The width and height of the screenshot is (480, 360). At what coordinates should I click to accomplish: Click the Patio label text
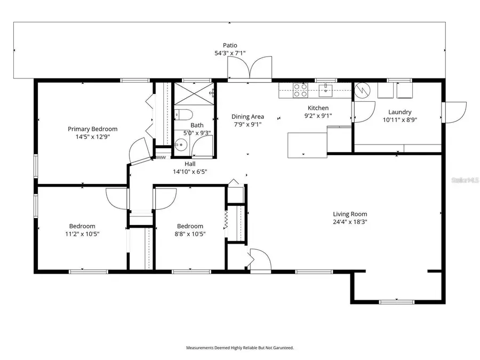tap(230, 45)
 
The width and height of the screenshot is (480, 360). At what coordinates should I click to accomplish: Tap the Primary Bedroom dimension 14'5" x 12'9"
tap(92, 137)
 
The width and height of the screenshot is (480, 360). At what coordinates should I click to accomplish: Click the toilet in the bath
tap(183, 115)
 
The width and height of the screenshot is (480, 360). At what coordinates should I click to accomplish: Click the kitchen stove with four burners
tap(300, 90)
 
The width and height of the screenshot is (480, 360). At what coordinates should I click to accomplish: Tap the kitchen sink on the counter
tap(325, 89)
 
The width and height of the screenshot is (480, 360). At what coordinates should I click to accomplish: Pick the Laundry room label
tap(399, 112)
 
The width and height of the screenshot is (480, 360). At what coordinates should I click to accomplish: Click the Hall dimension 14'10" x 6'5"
tap(189, 172)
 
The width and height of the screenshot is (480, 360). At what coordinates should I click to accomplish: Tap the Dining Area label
tap(247, 116)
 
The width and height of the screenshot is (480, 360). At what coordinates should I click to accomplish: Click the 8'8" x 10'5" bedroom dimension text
tap(190, 234)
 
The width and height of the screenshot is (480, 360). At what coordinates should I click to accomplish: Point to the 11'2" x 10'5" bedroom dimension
tap(82, 234)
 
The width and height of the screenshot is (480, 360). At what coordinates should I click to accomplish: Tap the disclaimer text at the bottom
tap(239, 348)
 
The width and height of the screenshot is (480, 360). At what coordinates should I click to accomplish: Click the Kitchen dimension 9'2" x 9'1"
tap(318, 115)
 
